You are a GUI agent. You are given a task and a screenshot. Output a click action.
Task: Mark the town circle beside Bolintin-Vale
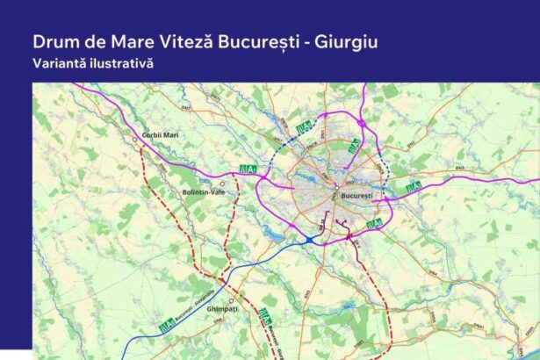point(223,184)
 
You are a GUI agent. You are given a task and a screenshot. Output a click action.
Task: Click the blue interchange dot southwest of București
point(310,239)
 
